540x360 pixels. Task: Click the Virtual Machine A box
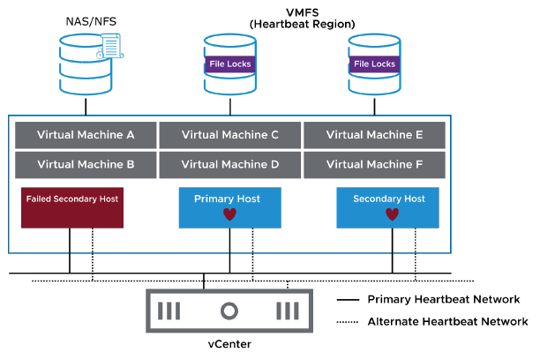(x=86, y=135)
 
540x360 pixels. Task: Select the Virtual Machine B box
(x=86, y=164)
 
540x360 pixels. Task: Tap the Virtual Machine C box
(x=229, y=135)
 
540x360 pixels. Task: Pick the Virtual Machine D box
(x=229, y=164)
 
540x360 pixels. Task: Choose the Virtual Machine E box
(x=374, y=135)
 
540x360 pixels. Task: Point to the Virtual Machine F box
(x=374, y=164)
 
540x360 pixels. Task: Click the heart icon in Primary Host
(x=229, y=214)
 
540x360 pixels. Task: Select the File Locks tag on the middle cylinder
(x=230, y=64)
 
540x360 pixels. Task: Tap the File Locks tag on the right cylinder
(x=375, y=64)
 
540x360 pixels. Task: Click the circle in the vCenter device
(x=229, y=311)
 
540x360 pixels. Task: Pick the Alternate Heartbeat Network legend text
(x=447, y=322)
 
